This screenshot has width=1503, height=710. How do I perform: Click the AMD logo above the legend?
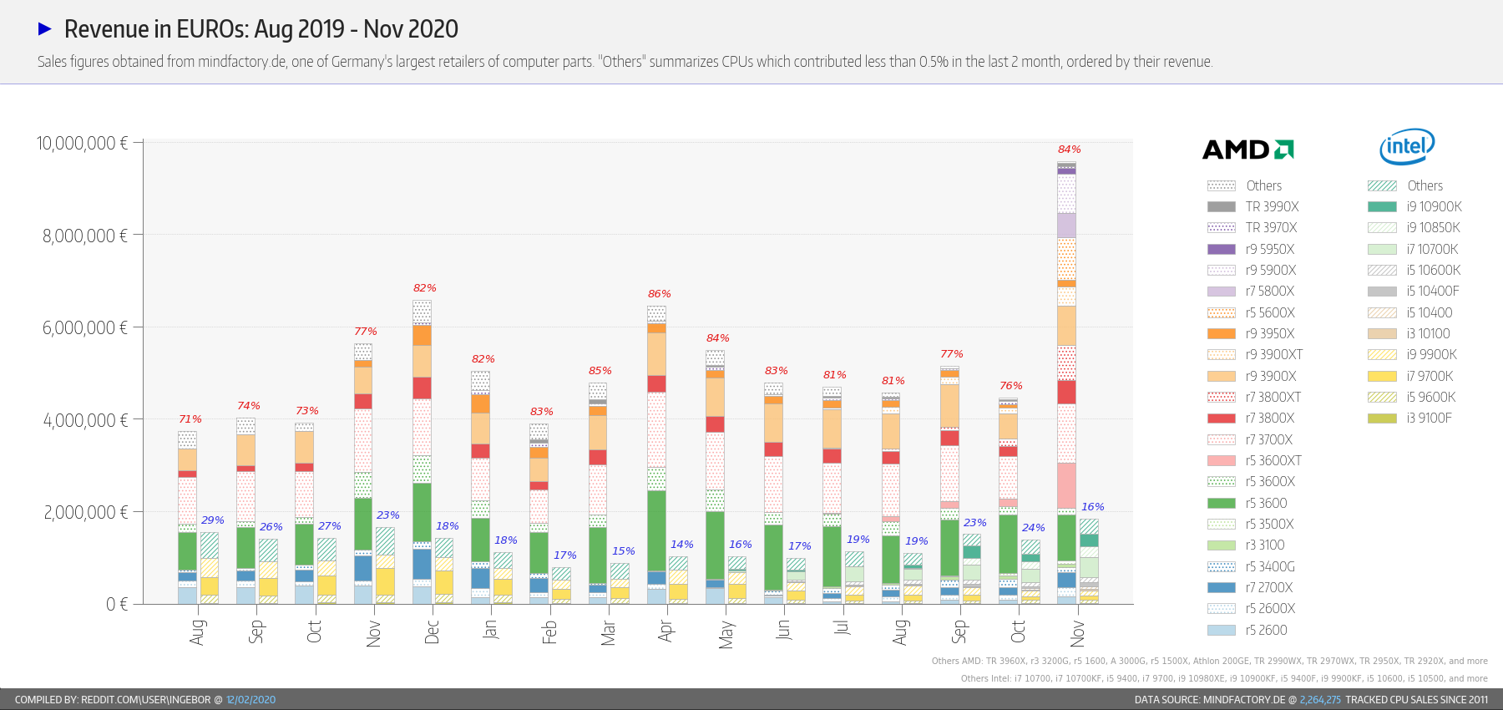point(1247,150)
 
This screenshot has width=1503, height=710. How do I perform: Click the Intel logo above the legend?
point(1407,147)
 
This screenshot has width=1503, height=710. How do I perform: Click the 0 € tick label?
point(117,604)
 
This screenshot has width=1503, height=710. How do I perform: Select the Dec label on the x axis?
point(432,631)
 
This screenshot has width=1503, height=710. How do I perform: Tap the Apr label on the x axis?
point(665,631)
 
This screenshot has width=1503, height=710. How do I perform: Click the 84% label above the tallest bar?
point(1069,150)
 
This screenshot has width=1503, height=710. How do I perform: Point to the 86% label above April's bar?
point(659,294)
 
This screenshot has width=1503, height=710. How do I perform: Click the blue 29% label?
point(212,520)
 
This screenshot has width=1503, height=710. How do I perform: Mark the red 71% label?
point(190,419)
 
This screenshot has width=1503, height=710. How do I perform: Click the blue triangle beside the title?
point(45,29)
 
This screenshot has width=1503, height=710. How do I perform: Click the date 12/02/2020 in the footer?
point(250,700)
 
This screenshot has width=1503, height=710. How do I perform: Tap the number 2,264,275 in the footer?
point(1320,700)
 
